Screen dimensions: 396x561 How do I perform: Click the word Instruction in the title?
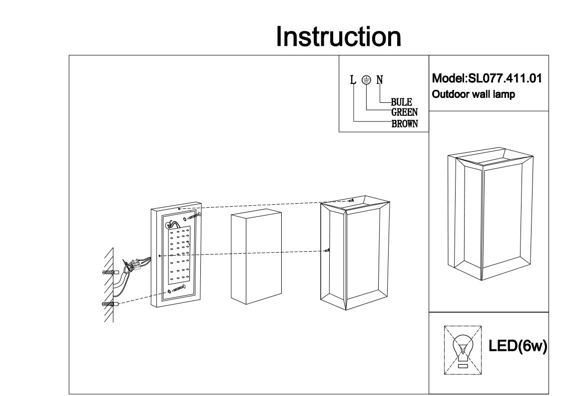338,37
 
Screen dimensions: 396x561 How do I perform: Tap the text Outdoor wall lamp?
473,94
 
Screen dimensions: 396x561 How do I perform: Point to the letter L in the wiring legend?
353,79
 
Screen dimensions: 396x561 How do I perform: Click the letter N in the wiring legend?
380,79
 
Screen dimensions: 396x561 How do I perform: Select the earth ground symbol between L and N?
366,79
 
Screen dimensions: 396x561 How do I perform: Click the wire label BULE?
401,103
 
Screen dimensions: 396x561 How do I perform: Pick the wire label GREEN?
404,113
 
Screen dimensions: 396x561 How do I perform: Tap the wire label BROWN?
404,123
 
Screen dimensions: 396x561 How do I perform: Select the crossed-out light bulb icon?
463,350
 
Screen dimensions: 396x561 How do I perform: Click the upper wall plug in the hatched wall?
108,273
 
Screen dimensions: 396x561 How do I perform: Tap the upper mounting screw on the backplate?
194,216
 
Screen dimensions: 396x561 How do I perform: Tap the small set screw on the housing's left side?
327,250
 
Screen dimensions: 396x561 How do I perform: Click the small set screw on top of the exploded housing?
352,201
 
